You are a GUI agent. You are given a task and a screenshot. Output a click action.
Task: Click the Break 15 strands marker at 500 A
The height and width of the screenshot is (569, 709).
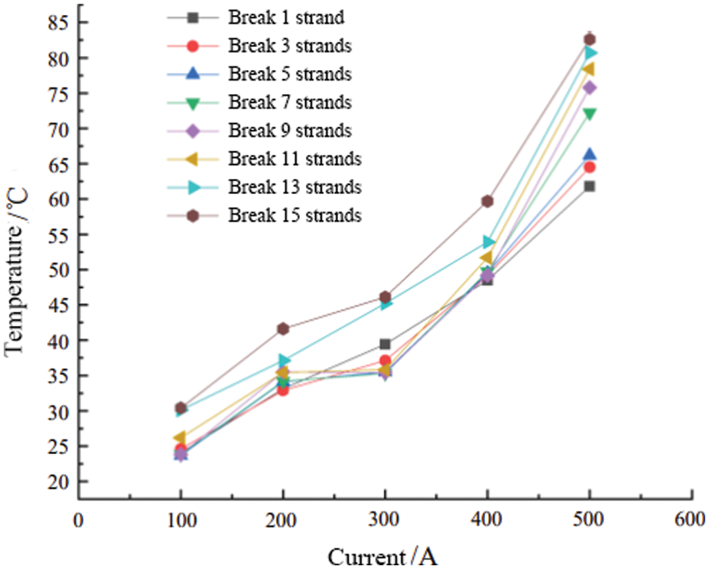click(589, 40)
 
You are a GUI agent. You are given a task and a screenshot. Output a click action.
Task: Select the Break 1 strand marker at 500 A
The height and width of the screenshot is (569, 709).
click(589, 186)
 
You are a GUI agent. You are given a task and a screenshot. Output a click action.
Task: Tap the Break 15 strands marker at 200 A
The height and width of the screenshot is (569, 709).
click(283, 329)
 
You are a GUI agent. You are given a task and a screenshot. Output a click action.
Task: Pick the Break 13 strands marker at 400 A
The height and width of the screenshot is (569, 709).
click(487, 242)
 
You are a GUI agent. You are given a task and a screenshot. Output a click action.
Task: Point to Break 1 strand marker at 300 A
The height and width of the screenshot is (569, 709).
click(385, 344)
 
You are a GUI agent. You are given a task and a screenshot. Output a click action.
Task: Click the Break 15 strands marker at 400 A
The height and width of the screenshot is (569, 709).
click(487, 201)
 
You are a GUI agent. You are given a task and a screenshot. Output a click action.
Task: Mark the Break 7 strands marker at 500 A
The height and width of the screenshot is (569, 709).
click(589, 114)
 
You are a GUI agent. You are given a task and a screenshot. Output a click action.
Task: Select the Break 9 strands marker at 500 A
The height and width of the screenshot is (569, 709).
click(589, 88)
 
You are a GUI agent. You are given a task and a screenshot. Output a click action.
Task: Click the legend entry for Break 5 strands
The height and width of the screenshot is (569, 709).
click(290, 74)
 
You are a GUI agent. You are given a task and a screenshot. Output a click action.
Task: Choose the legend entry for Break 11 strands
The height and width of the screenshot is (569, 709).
click(295, 159)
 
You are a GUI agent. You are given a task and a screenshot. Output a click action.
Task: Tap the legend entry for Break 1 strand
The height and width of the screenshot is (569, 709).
click(286, 17)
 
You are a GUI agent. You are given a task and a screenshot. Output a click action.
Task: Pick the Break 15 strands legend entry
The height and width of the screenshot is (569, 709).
click(295, 216)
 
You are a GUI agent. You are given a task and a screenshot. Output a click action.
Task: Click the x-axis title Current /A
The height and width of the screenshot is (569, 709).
click(382, 556)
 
